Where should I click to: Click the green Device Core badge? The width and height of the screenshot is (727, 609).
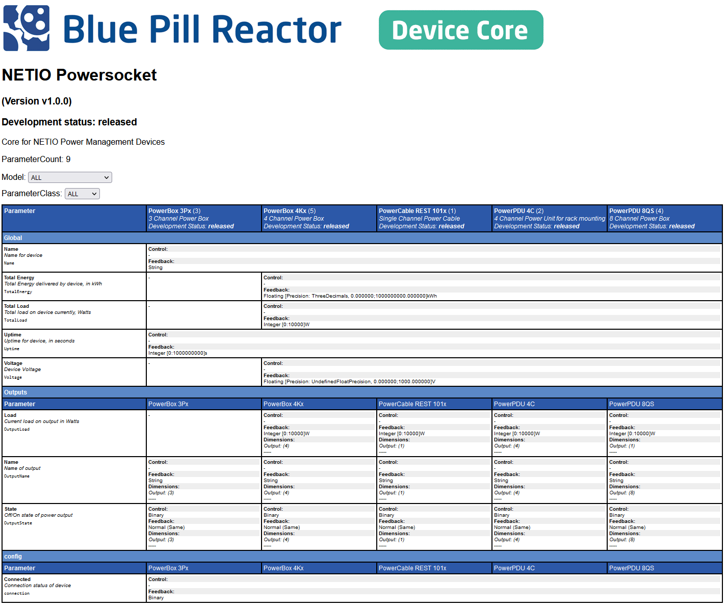click(x=461, y=30)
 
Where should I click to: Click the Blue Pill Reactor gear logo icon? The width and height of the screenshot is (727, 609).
click(x=27, y=28)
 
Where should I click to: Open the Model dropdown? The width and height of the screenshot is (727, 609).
click(x=70, y=177)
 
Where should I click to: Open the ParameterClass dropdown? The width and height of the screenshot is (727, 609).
click(x=82, y=194)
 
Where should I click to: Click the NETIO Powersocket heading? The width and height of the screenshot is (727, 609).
click(x=80, y=75)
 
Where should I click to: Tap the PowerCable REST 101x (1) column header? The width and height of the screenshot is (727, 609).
click(x=417, y=210)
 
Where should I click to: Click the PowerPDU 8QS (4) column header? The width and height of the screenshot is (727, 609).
click(x=636, y=210)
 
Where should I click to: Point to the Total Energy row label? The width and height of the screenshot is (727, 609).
click(x=19, y=277)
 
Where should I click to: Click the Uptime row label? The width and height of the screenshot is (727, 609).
click(x=13, y=334)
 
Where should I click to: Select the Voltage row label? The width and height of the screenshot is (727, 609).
click(x=13, y=363)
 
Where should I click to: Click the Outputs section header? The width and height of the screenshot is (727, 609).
click(x=15, y=392)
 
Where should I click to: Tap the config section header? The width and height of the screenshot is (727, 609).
click(x=13, y=556)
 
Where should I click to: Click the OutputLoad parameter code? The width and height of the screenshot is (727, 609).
click(x=17, y=429)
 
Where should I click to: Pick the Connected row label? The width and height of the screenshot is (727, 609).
click(x=17, y=579)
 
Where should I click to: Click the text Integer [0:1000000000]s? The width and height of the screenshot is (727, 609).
click(x=177, y=353)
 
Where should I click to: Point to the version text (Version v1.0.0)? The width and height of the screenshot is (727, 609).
click(x=37, y=101)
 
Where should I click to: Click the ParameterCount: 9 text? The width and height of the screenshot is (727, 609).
click(x=36, y=159)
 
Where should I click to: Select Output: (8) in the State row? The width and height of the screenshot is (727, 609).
click(x=622, y=539)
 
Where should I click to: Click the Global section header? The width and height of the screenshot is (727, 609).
click(x=13, y=237)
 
